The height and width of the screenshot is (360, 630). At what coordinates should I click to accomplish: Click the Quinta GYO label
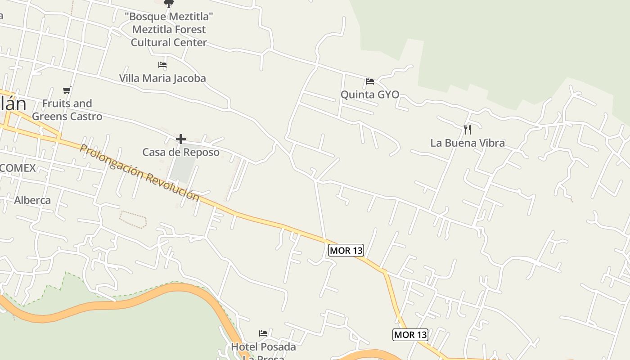pyautogui.click(x=369, y=94)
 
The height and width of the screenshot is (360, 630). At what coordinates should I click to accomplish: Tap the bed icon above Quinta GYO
pyautogui.click(x=370, y=81)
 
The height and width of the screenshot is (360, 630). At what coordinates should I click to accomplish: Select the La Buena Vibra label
pyautogui.click(x=468, y=143)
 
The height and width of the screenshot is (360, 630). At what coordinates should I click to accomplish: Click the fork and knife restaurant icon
pyautogui.click(x=468, y=130)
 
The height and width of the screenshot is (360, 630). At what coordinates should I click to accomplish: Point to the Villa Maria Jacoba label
pyautogui.click(x=162, y=78)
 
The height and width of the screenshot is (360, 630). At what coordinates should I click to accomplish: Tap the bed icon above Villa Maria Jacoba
pyautogui.click(x=162, y=65)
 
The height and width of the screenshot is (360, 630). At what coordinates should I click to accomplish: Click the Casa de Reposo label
pyautogui.click(x=181, y=152)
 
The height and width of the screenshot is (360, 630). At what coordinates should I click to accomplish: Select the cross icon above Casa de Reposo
pyautogui.click(x=181, y=139)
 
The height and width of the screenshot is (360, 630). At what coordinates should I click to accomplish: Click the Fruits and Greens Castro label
pyautogui.click(x=67, y=110)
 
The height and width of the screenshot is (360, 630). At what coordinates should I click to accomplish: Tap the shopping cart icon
pyautogui.click(x=67, y=90)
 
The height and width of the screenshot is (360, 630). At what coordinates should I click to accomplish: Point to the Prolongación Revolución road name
pyautogui.click(x=139, y=172)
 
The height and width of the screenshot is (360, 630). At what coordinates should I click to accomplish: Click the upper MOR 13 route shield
pyautogui.click(x=346, y=250)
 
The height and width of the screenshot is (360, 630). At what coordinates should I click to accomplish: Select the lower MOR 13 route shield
pyautogui.click(x=410, y=334)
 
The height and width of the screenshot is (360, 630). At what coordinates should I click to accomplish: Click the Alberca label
pyautogui.click(x=32, y=200)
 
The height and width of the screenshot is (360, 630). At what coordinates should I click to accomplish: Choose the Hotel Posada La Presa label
pyautogui.click(x=263, y=350)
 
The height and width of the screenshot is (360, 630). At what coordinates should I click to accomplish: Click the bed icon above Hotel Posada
pyautogui.click(x=263, y=333)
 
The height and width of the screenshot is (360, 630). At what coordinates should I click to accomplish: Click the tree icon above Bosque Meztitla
pyautogui.click(x=169, y=4)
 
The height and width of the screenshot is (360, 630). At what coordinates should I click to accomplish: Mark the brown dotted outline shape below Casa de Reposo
pyautogui.click(x=133, y=219)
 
